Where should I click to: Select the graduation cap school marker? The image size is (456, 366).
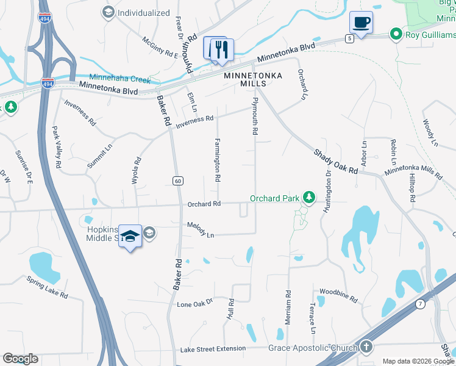[130, 236]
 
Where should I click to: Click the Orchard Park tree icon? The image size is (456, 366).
[310, 198]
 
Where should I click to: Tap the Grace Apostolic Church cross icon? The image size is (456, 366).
[365, 347]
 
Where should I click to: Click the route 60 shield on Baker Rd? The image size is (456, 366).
[178, 181]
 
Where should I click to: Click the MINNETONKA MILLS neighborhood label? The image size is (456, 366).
[245, 79]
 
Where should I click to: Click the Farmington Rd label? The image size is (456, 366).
[217, 160]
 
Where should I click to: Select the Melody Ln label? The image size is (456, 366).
[201, 229]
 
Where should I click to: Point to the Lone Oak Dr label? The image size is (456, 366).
[194, 303]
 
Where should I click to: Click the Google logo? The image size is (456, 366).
[20, 359]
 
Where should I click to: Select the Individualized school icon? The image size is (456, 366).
[108, 12]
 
